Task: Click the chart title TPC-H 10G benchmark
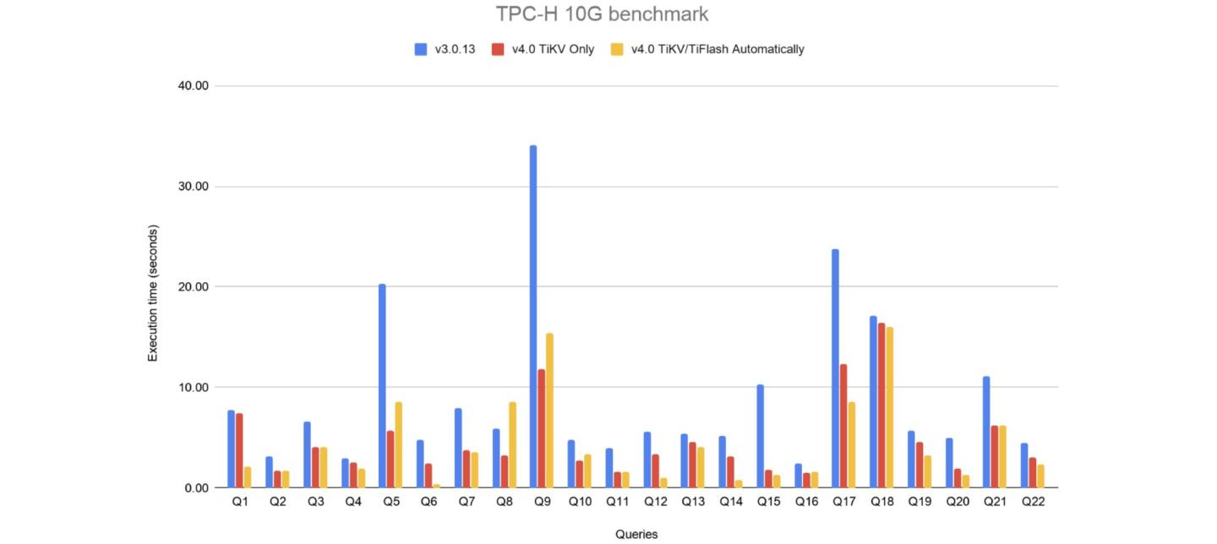602,14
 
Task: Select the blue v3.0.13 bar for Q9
533,317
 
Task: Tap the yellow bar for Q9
549,411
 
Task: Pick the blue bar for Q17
835,368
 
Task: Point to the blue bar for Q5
382,386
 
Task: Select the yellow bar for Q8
512,445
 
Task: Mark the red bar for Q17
843,426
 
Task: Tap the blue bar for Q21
986,432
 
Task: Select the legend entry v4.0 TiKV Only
544,49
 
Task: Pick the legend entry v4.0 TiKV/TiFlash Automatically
708,49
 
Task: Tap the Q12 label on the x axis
655,502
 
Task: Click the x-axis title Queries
636,534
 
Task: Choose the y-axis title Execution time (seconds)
153,293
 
